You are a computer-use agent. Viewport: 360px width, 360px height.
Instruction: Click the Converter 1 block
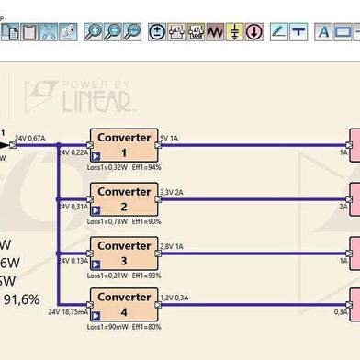coord(123,144)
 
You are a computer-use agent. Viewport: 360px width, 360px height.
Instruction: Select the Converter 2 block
coord(123,197)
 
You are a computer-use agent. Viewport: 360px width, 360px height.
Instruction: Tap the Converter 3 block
coord(123,251)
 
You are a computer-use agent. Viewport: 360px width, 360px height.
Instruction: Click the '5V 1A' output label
coord(169,138)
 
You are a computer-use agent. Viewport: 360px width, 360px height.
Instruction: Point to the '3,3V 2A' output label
coord(172,192)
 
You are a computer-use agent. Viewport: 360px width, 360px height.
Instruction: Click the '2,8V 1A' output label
coord(172,245)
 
